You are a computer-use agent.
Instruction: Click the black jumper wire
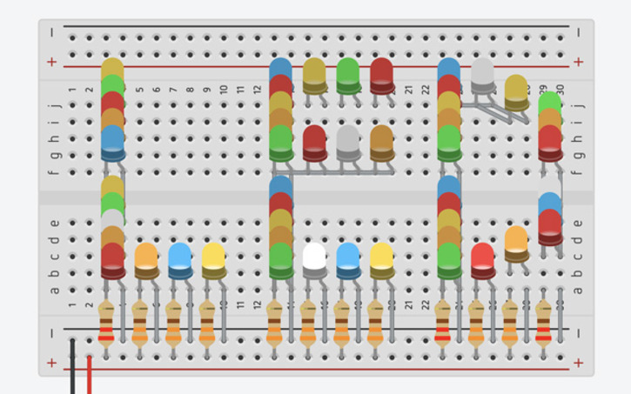click(72, 365)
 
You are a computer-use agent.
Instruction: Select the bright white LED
click(314, 257)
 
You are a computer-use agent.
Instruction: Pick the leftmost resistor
click(106, 323)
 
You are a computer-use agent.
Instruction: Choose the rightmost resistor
click(544, 323)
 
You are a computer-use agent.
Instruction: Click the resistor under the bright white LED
click(308, 323)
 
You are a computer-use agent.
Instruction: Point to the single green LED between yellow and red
click(347, 73)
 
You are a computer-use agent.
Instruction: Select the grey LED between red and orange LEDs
click(348, 140)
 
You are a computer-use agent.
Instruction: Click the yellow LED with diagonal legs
click(516, 90)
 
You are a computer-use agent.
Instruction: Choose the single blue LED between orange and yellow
click(179, 257)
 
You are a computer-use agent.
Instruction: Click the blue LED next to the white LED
click(347, 257)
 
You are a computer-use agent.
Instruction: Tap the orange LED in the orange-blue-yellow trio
click(146, 257)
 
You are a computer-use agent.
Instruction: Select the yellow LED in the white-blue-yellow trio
click(381, 257)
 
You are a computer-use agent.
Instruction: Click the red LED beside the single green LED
click(381, 73)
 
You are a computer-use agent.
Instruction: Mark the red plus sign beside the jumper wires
click(52, 362)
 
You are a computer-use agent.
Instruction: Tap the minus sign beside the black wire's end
click(52, 333)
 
